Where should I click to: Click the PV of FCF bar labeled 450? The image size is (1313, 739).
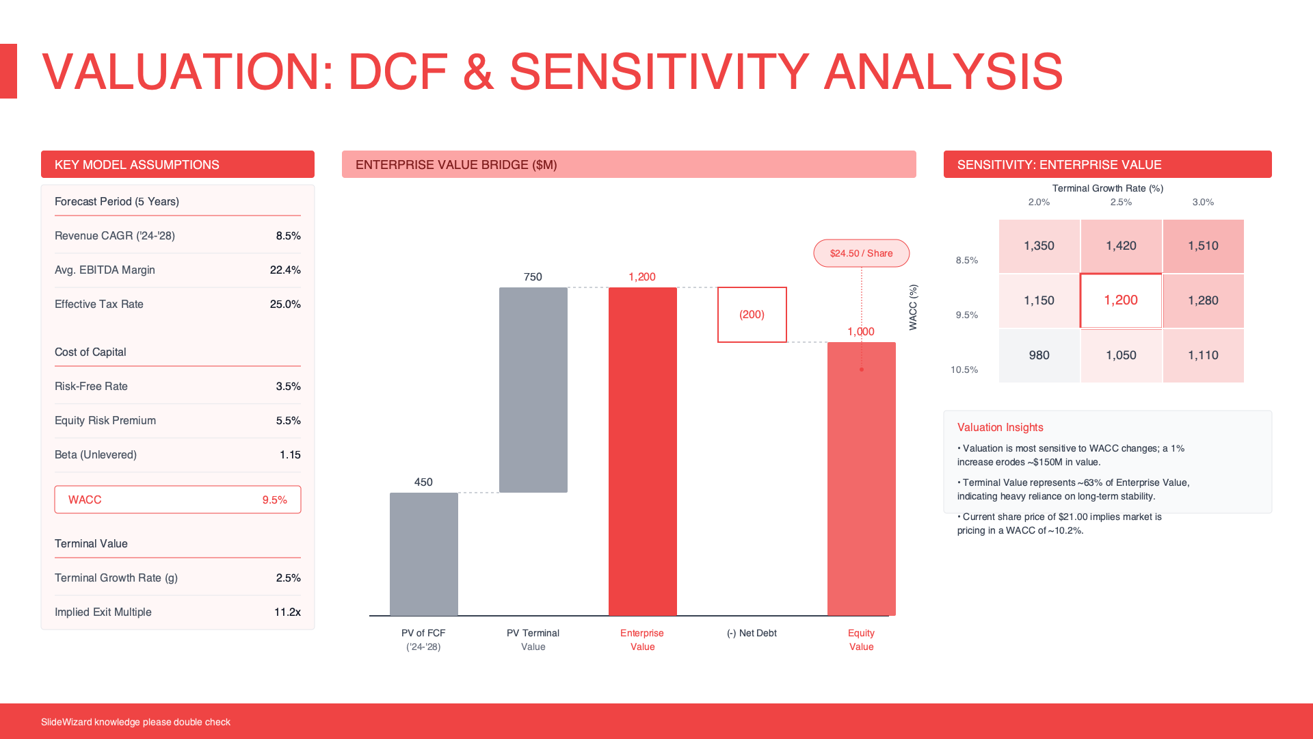(423, 554)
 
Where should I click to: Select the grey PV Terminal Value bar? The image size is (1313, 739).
(533, 389)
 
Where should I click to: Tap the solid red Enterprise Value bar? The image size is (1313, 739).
(642, 451)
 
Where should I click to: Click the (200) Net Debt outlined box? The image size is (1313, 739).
(752, 315)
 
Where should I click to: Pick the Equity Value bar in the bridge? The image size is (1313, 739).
(861, 478)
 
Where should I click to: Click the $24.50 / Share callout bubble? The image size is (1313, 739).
(861, 253)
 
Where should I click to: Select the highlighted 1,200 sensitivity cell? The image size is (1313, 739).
(1121, 300)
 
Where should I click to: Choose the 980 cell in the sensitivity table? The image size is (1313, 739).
(1039, 355)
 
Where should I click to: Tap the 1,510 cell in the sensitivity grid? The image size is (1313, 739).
(1203, 246)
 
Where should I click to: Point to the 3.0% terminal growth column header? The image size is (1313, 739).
(1203, 202)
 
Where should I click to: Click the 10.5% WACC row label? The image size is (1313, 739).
(964, 369)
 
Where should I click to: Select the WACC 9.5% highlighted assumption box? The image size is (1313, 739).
(178, 500)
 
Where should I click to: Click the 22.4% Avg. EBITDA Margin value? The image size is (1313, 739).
(285, 270)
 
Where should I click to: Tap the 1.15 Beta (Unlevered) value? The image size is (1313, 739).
(290, 454)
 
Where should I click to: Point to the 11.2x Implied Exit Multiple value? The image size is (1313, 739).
(287, 612)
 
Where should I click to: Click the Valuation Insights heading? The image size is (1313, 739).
(1000, 427)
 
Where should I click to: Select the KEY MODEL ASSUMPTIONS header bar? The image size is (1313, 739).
(178, 164)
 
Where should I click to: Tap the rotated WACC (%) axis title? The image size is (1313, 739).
(913, 307)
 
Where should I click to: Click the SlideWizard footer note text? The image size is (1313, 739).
(135, 722)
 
